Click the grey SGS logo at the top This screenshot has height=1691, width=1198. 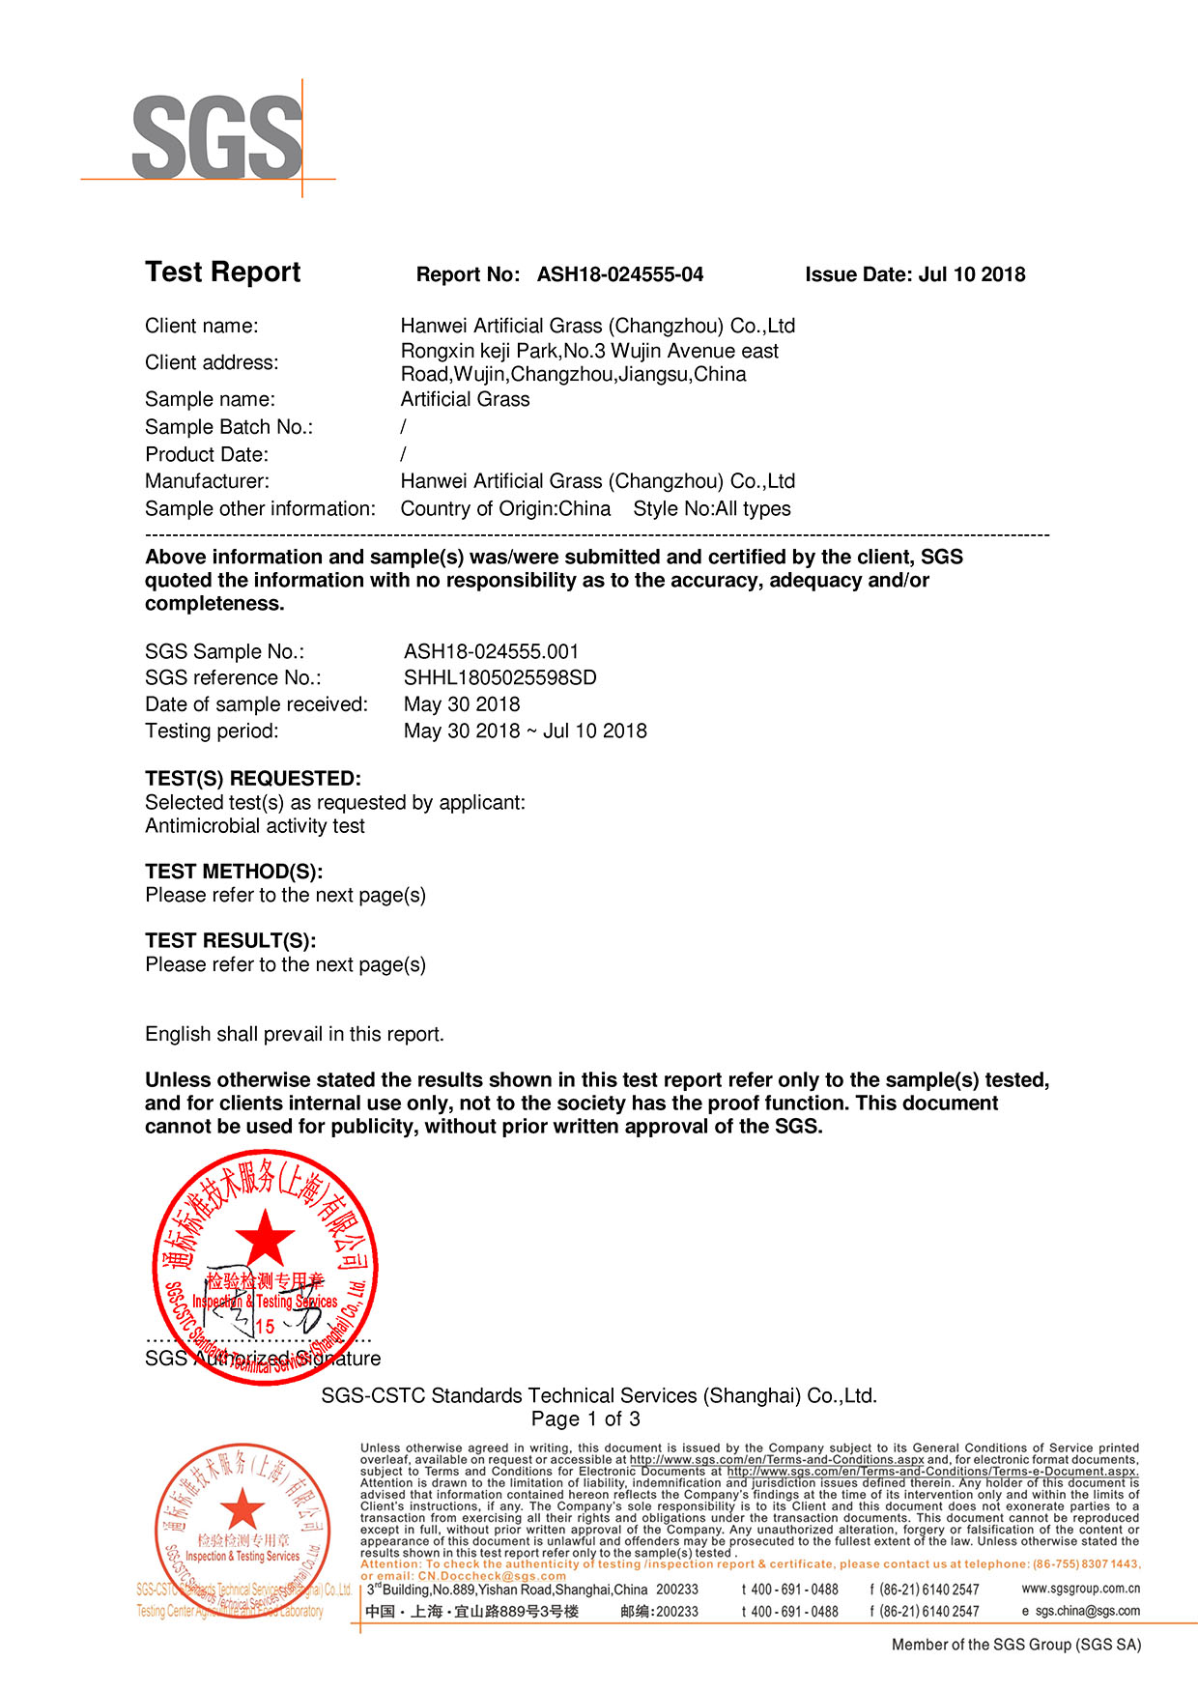click(217, 137)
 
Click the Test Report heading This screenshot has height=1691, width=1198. click(223, 272)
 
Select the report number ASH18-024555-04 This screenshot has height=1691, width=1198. click(620, 274)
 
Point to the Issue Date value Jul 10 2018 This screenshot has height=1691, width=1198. click(972, 274)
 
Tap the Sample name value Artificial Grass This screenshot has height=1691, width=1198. click(465, 399)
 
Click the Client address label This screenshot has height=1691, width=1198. click(212, 362)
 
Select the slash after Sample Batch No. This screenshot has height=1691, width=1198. click(403, 427)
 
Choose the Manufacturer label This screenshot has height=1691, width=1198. click(208, 481)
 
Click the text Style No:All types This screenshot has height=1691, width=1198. click(712, 509)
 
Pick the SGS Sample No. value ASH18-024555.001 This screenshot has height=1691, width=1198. click(491, 651)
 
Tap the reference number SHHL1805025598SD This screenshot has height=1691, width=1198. click(499, 677)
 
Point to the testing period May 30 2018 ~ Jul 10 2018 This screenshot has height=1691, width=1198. click(525, 731)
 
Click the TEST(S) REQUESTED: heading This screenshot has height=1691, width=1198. click(253, 779)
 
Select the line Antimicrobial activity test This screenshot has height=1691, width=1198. click(255, 826)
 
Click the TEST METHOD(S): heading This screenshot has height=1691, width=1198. click(234, 872)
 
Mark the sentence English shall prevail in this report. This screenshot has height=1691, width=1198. click(295, 1034)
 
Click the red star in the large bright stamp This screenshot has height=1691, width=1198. click(265, 1237)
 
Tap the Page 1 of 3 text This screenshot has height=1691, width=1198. click(585, 1419)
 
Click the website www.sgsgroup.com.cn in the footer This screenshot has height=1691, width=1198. click(1080, 1589)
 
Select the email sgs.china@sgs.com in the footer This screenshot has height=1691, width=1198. click(1087, 1611)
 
